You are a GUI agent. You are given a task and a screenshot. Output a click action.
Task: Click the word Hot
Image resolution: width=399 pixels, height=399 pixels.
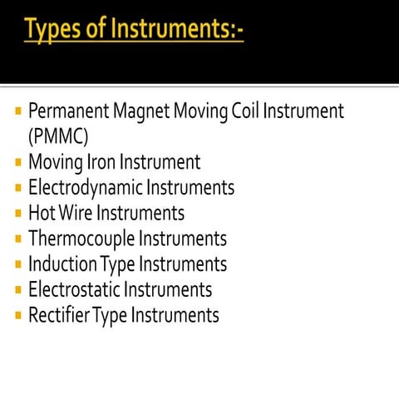click(41, 213)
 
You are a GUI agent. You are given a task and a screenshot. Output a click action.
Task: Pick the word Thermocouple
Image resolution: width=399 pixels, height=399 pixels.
click(81, 239)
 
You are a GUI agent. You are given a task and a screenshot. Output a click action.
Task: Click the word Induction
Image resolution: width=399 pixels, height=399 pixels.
click(62, 264)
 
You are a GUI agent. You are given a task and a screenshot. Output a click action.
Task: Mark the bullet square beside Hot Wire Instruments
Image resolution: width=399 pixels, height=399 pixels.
click(18, 214)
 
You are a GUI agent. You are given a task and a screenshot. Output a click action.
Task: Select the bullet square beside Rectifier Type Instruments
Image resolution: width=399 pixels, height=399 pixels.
click(18, 317)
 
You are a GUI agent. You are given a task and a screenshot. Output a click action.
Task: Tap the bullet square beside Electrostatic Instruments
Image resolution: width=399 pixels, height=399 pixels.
click(18, 291)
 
